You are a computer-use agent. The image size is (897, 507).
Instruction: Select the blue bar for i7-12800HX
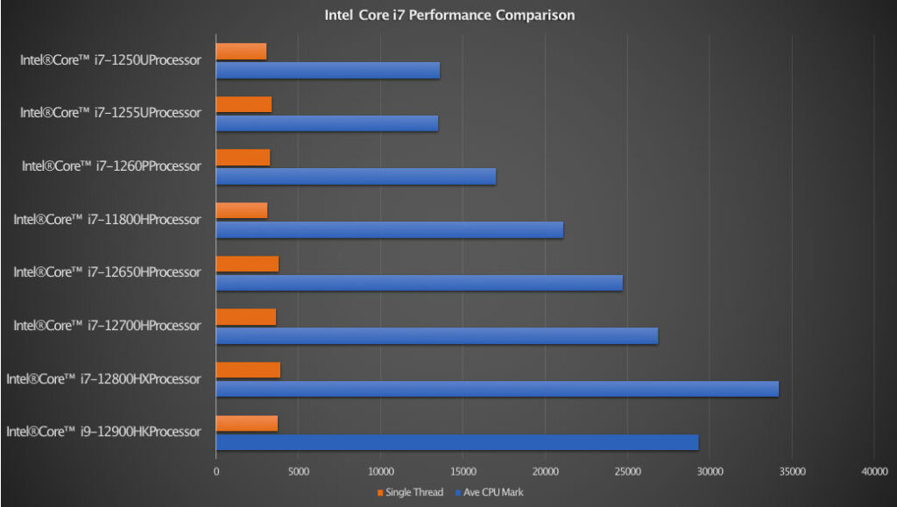(x=497, y=389)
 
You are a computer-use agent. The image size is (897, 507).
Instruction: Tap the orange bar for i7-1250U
(x=241, y=52)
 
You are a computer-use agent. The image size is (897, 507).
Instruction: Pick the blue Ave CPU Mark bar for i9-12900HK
(x=456, y=442)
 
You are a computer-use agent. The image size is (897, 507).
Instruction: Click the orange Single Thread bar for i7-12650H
(x=247, y=264)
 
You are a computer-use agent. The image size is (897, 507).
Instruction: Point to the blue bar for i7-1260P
(x=356, y=176)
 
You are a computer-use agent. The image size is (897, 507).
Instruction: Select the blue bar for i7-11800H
(x=389, y=229)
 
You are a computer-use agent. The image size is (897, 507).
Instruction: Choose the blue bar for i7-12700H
(x=436, y=336)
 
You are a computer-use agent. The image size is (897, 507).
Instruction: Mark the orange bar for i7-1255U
(x=244, y=105)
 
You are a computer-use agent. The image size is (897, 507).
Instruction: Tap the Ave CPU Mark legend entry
(x=491, y=492)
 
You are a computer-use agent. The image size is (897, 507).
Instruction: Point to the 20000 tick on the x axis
(x=545, y=471)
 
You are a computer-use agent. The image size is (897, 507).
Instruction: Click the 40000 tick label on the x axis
(x=874, y=471)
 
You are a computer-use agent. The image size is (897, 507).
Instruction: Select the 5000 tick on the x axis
(x=298, y=471)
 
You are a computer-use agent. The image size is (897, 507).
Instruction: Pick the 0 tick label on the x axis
(x=216, y=471)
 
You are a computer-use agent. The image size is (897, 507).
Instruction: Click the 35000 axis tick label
(x=792, y=471)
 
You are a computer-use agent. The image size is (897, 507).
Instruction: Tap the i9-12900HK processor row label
(x=103, y=432)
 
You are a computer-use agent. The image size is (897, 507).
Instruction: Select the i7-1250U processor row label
(x=110, y=60)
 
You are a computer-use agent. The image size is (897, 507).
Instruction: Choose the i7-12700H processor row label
(x=107, y=326)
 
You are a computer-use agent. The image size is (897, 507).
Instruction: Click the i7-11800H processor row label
(x=107, y=220)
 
